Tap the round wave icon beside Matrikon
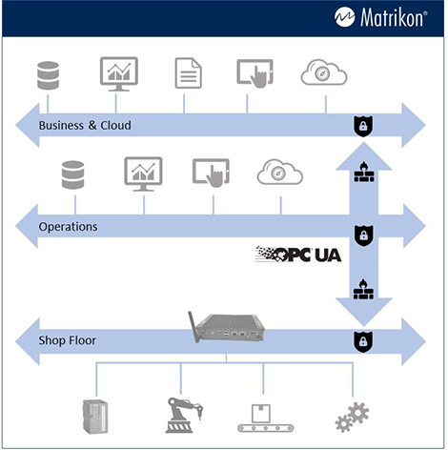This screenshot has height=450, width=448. click(x=346, y=17)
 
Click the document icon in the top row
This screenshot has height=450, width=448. click(x=187, y=74)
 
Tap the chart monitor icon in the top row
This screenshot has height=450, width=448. click(x=119, y=74)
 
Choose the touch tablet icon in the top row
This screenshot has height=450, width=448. click(x=255, y=74)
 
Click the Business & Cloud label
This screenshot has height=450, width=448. click(x=84, y=126)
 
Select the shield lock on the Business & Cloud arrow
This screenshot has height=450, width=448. click(x=362, y=126)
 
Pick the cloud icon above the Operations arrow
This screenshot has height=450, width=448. click(x=279, y=174)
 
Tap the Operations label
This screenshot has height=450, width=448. click(x=68, y=227)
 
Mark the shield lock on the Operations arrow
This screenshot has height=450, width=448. click(x=362, y=235)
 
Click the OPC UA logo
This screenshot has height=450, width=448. click(x=299, y=254)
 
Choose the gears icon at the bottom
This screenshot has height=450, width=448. click(x=352, y=417)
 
